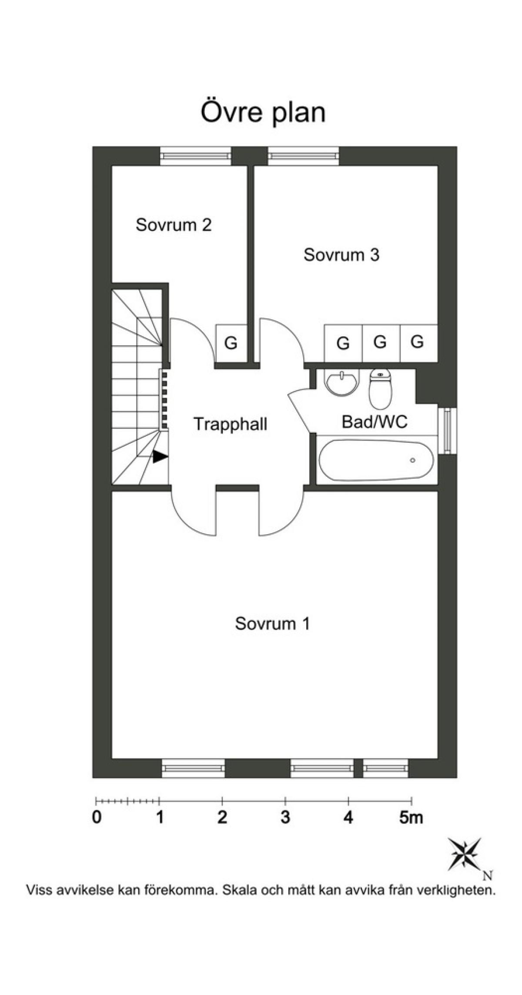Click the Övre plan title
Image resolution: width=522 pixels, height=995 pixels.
click(x=263, y=113)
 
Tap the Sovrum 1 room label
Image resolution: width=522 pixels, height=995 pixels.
click(x=272, y=624)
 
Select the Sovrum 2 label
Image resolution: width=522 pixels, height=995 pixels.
click(x=174, y=225)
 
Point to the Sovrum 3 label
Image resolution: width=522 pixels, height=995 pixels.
click(x=341, y=255)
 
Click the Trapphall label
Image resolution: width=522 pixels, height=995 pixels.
click(x=231, y=424)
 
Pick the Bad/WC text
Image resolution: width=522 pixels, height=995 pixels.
click(x=375, y=422)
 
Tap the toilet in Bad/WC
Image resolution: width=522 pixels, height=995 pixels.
click(x=381, y=389)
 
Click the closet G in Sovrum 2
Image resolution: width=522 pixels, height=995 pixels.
click(x=231, y=344)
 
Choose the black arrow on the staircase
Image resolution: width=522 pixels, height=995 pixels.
click(x=160, y=456)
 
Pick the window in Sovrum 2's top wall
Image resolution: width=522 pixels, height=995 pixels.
click(x=196, y=156)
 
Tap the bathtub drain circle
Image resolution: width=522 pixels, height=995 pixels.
click(x=412, y=460)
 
